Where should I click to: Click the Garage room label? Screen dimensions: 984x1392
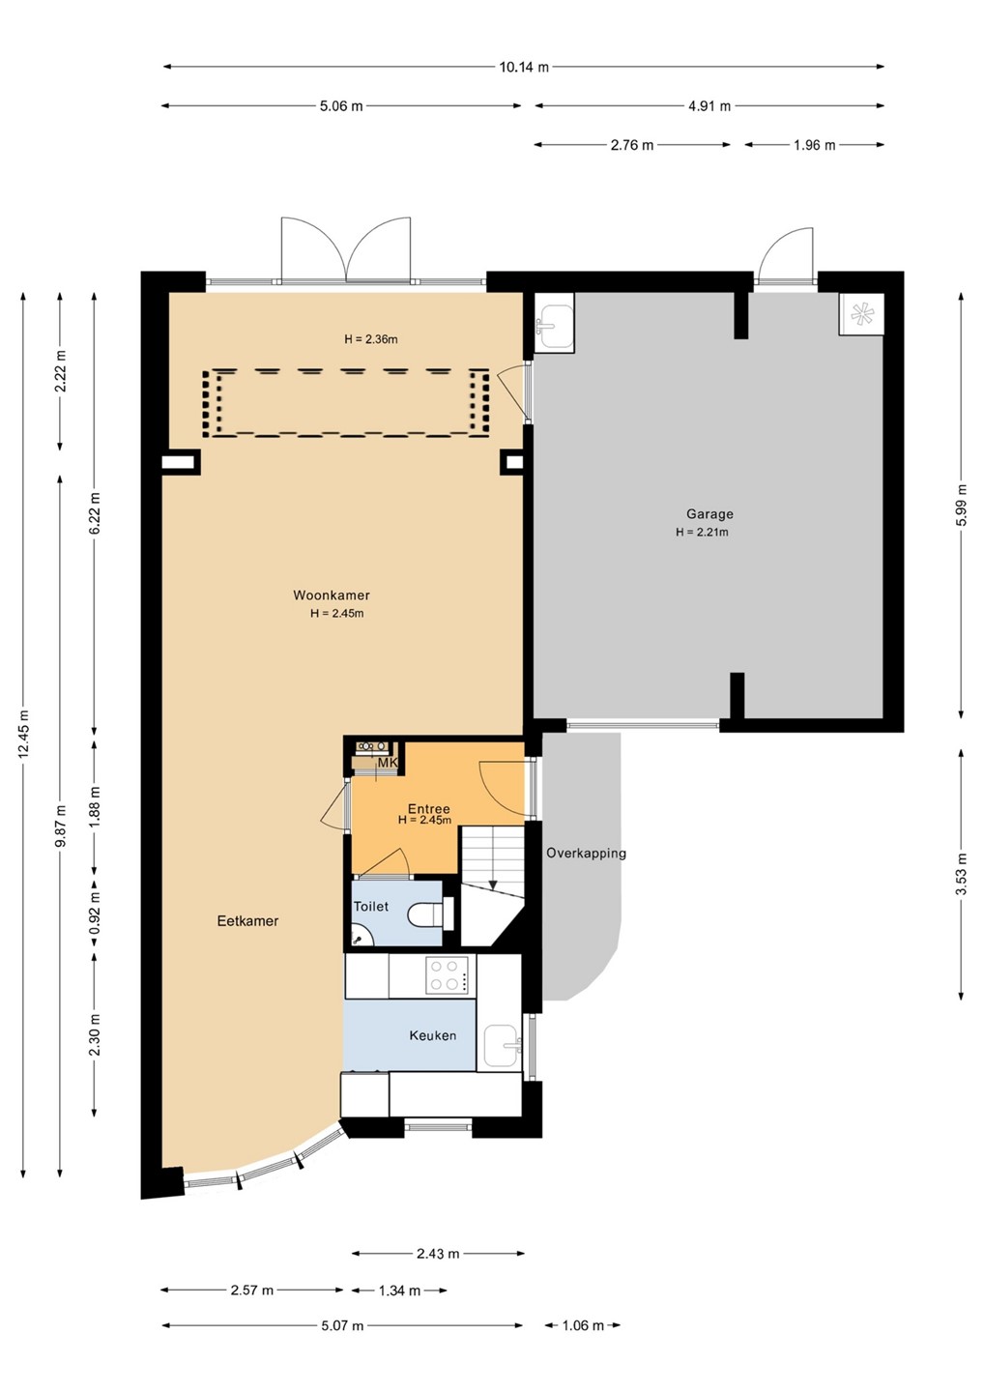coord(709,514)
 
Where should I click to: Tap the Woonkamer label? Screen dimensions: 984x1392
coord(332,595)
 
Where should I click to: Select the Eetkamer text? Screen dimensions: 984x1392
coord(247,921)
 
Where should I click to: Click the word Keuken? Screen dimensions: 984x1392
coord(432,1036)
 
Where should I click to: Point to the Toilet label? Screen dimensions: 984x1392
coord(371,907)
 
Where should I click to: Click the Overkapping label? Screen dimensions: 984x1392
coord(586,854)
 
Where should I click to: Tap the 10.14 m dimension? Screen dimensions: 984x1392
coord(524,67)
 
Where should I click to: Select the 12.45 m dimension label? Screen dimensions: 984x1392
coord(23,734)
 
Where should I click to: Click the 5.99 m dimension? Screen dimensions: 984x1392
coord(961,506)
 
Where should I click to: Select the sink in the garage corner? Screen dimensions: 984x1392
coord(553,322)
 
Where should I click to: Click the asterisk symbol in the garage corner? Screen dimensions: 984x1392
coord(861,314)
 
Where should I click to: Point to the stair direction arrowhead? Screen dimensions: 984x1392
coord(492,884)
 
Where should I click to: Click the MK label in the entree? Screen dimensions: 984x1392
coord(388,763)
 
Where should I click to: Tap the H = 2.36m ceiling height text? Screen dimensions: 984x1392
coord(371,339)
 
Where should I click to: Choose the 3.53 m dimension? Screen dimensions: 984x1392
coord(961,873)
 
